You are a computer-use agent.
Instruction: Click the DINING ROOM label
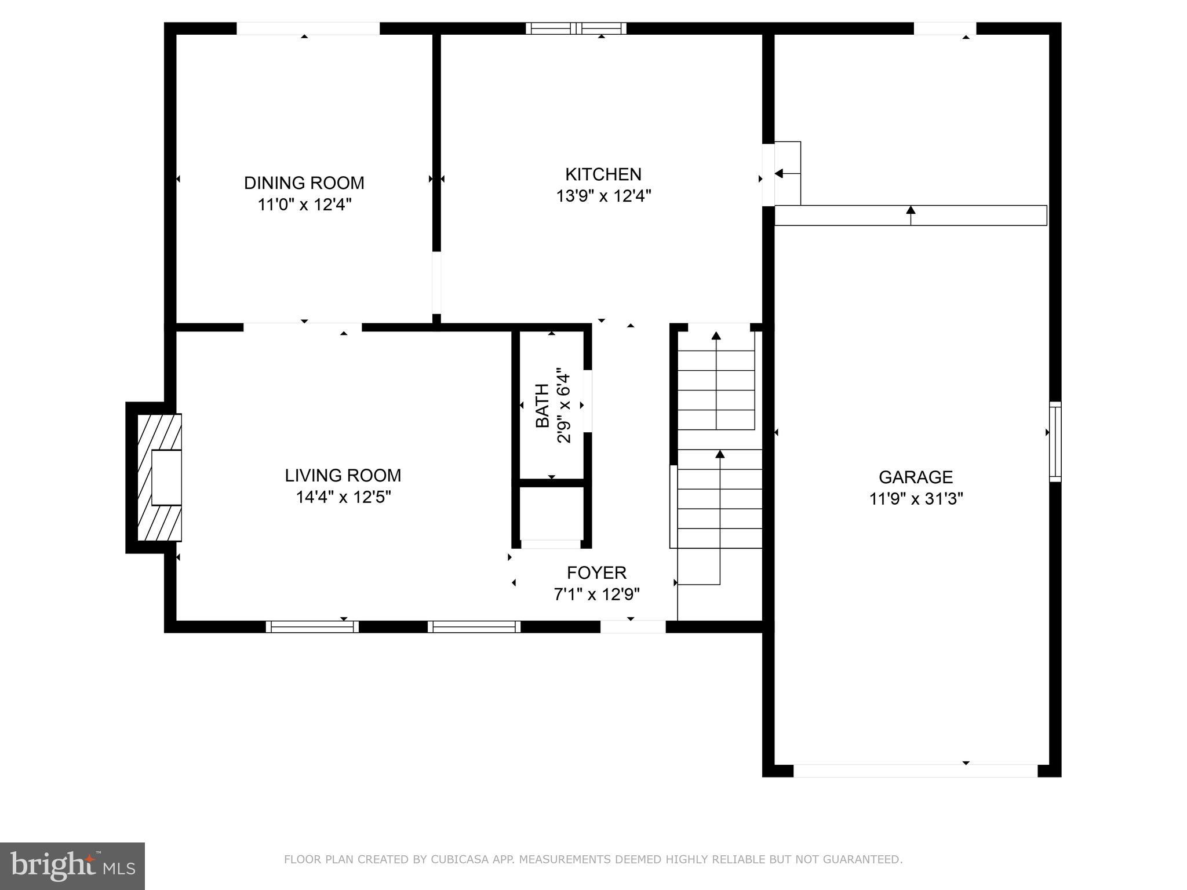coord(304,183)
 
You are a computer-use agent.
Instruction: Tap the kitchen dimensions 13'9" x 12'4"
coord(603,196)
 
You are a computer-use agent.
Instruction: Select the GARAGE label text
coord(915,477)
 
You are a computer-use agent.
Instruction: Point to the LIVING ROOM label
coord(343,475)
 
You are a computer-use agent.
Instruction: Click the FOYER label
coord(596,572)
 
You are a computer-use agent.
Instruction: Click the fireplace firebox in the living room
coord(166,477)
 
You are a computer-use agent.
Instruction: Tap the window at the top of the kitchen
coord(576,28)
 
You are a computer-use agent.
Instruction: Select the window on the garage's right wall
coord(1055,442)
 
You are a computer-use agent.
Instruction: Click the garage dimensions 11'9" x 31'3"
coord(915,498)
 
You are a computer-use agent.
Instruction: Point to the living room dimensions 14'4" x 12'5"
coord(343,497)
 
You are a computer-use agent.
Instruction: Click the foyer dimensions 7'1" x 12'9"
coord(596,594)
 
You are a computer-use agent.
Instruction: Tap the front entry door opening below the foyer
coord(632,626)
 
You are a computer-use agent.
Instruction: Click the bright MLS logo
coord(72,866)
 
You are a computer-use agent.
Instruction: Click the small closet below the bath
coord(551,513)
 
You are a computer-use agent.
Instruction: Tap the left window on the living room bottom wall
coord(312,626)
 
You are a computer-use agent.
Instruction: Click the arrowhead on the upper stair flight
coord(716,336)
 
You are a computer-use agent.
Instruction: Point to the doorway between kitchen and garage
coord(768,174)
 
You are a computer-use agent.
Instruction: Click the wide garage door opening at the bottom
coord(915,771)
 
